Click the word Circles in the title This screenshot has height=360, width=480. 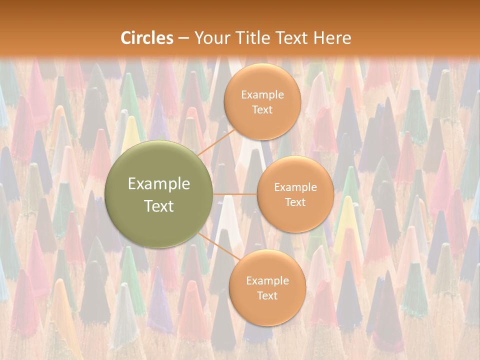[x=146, y=38]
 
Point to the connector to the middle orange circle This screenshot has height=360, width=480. [x=235, y=194]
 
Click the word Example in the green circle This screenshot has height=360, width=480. [x=159, y=184]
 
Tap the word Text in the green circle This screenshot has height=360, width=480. [x=159, y=206]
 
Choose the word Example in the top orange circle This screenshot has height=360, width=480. [x=262, y=95]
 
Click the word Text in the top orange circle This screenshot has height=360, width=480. [x=262, y=109]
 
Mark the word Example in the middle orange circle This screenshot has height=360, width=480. [x=295, y=187]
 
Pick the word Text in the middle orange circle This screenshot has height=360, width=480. [x=295, y=202]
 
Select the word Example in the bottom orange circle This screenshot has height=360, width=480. [x=267, y=281]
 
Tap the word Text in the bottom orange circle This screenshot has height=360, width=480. [x=267, y=295]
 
